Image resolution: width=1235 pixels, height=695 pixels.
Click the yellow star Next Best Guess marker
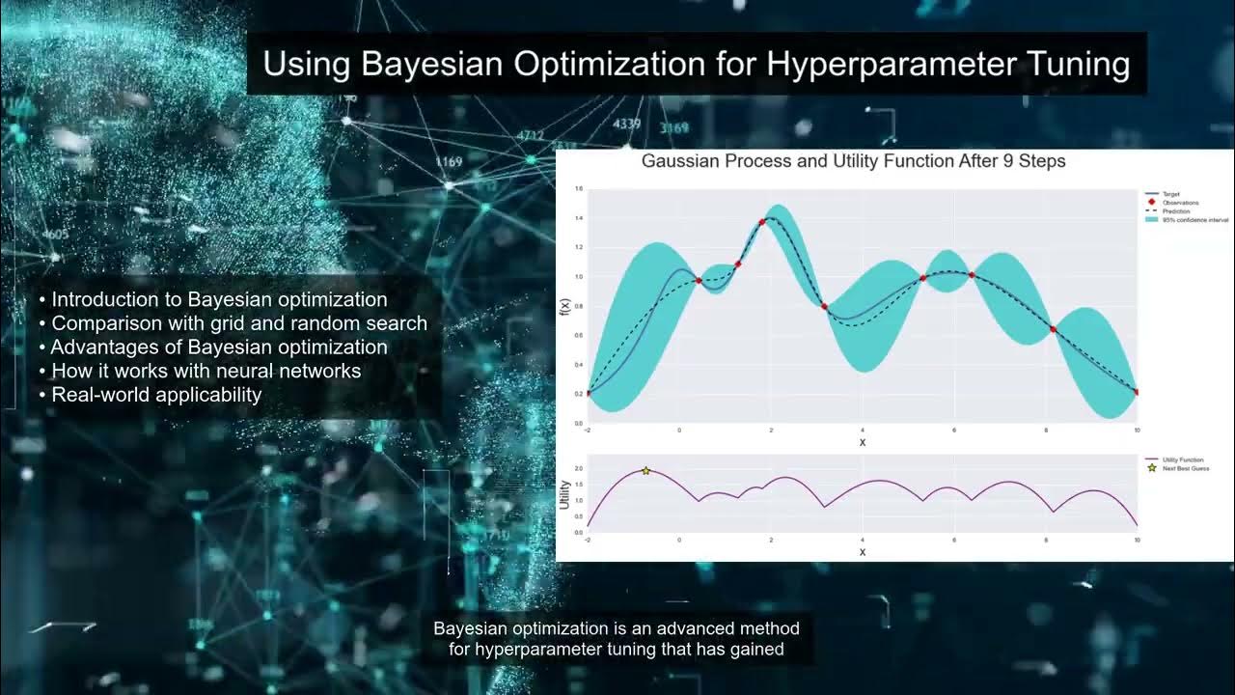pyautogui.click(x=646, y=471)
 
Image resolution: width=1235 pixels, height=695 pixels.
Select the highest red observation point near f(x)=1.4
pyautogui.click(x=762, y=222)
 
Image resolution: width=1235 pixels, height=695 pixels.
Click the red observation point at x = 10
pyautogui.click(x=1138, y=392)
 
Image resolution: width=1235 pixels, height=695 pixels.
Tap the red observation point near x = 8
pyautogui.click(x=1054, y=330)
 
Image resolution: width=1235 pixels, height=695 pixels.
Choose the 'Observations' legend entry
pyautogui.click(x=1180, y=203)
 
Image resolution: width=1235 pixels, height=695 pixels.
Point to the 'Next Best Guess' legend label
pyautogui.click(x=1185, y=468)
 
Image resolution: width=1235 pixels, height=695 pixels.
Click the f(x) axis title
pyautogui.click(x=565, y=308)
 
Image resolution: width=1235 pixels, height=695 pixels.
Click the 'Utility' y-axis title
pyautogui.click(x=565, y=493)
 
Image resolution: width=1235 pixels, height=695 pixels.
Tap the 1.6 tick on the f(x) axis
pyautogui.click(x=579, y=189)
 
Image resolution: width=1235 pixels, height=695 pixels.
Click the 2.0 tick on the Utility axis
pyautogui.click(x=579, y=468)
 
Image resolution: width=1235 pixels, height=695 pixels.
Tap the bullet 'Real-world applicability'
pyautogui.click(x=155, y=394)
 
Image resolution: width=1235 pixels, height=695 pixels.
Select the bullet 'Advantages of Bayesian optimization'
pyautogui.click(x=218, y=347)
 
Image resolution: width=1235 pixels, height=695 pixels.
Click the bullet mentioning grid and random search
pyautogui.click(x=237, y=323)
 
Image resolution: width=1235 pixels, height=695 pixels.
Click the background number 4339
pyautogui.click(x=626, y=124)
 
